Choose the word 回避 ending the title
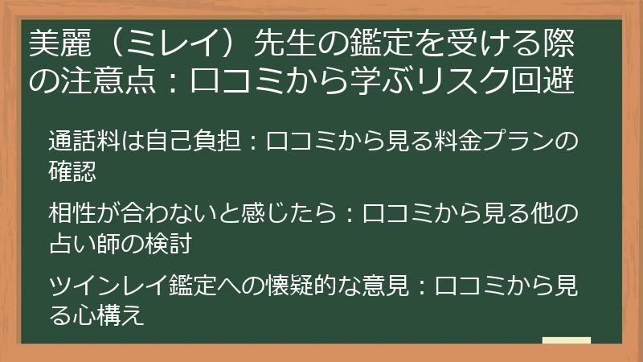point(547,80)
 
